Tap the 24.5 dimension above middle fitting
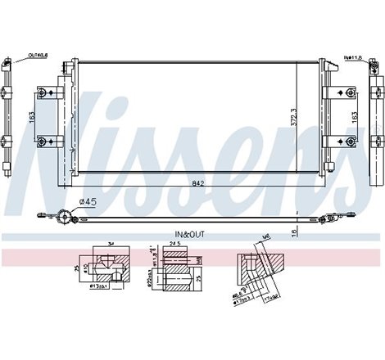pos(174,244)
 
